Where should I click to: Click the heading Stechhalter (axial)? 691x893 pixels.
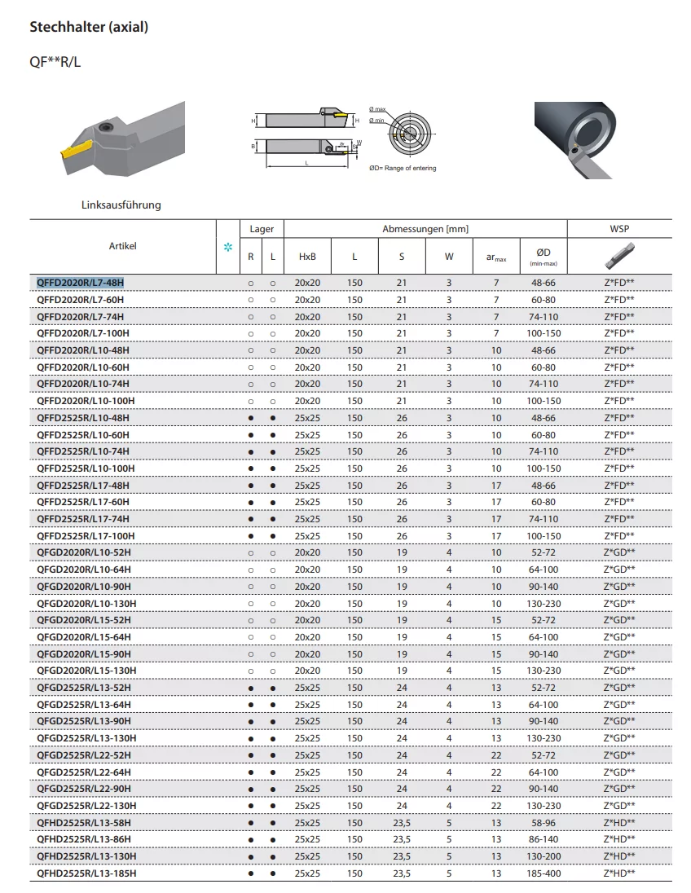pyautogui.click(x=89, y=27)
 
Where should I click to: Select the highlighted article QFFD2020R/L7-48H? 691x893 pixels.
pyautogui.click(x=80, y=283)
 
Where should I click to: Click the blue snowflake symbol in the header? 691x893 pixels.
pyautogui.click(x=227, y=247)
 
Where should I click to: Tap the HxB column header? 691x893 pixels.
pyautogui.click(x=307, y=257)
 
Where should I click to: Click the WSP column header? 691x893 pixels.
pyautogui.click(x=619, y=229)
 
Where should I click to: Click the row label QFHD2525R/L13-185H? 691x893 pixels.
pyautogui.click(x=86, y=873)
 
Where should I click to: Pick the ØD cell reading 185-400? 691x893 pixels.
pyautogui.click(x=544, y=873)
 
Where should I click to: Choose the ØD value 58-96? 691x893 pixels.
pyautogui.click(x=544, y=823)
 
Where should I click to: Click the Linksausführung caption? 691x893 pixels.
pyautogui.click(x=121, y=205)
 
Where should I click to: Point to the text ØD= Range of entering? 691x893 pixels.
pyautogui.click(x=403, y=169)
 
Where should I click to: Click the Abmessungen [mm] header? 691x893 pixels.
pyautogui.click(x=425, y=229)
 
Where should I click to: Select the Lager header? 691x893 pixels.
pyautogui.click(x=262, y=229)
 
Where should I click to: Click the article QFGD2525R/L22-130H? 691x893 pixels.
pyautogui.click(x=86, y=806)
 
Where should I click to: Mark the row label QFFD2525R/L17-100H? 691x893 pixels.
pyautogui.click(x=86, y=536)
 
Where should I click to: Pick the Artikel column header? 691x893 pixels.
pyautogui.click(x=123, y=245)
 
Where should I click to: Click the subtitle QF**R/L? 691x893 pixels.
pyautogui.click(x=55, y=62)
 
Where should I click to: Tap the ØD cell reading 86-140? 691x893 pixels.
pyautogui.click(x=544, y=839)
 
